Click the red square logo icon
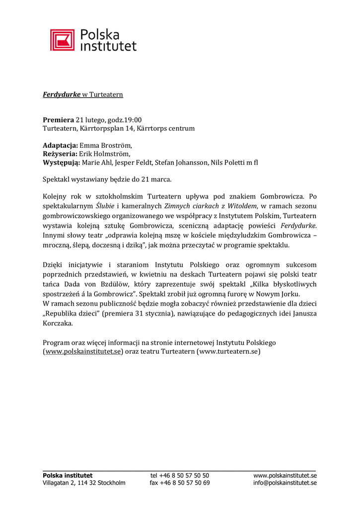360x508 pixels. click(x=62, y=40)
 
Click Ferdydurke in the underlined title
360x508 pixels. click(x=62, y=94)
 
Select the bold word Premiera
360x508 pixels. click(x=58, y=120)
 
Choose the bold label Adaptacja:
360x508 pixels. click(x=61, y=145)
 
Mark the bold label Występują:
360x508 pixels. click(x=61, y=162)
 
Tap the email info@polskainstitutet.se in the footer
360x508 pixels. click(x=285, y=483)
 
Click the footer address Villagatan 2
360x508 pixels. click(x=59, y=483)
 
